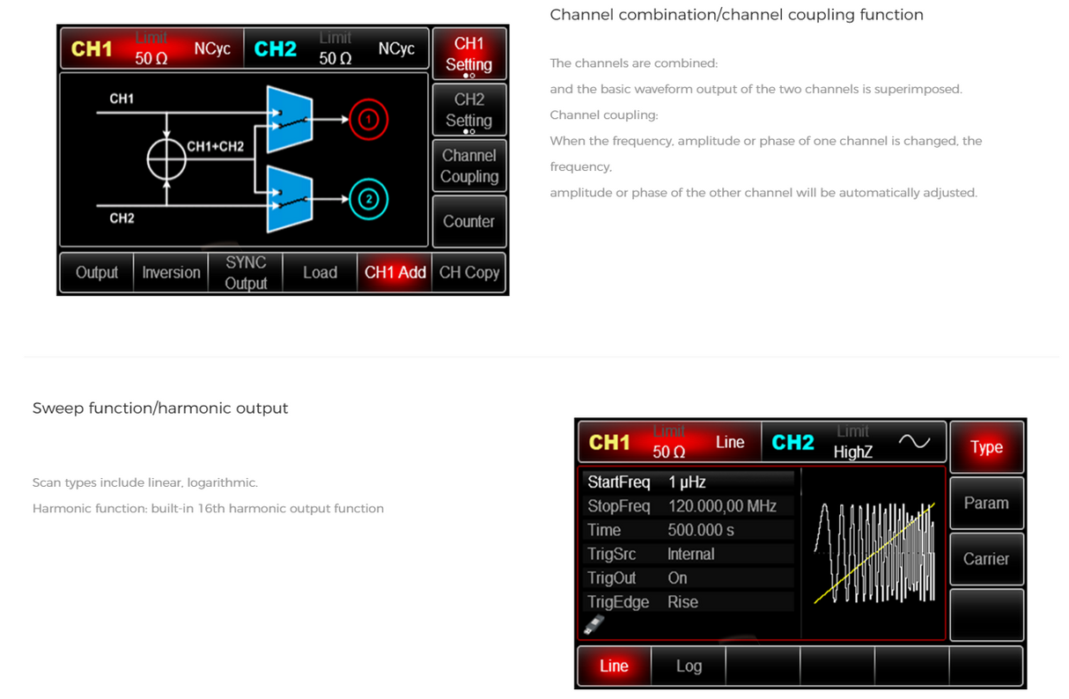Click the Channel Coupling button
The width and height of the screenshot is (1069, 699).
point(468,166)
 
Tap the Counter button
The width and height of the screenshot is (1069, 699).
point(468,221)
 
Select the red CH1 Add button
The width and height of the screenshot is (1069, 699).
point(395,273)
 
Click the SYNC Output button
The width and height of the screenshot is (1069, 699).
point(246,273)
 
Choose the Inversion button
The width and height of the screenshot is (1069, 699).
point(171,273)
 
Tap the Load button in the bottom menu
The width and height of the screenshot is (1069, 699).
point(320,273)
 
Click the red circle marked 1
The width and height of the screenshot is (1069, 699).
point(370,120)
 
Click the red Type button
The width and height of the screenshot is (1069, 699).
point(986,447)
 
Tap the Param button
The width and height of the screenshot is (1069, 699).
point(986,503)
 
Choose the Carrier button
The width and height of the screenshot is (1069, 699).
point(986,558)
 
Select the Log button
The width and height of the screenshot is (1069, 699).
point(689,666)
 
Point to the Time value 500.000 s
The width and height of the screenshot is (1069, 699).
point(701,530)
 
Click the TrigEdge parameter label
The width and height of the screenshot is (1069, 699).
point(618,602)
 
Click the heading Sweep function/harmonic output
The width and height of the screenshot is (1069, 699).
point(160,408)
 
